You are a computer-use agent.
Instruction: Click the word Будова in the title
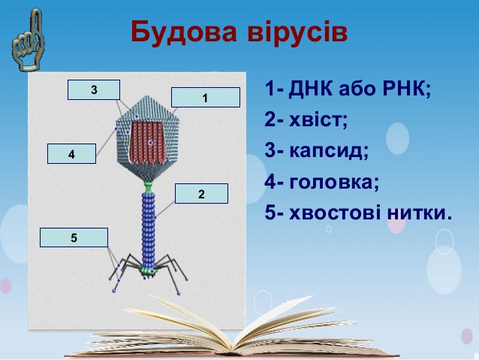[x=184, y=32]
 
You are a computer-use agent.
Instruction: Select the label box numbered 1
[x=206, y=97]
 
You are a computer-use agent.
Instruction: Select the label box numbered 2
[x=201, y=194]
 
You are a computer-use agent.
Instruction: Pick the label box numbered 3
[x=94, y=89]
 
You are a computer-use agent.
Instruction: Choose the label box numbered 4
[x=71, y=154]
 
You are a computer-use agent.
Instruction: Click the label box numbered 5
[x=74, y=237]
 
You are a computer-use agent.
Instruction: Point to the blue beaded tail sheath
[x=149, y=230]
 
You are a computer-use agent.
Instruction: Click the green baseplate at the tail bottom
[x=149, y=271]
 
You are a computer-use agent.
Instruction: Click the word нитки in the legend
[x=415, y=213]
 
